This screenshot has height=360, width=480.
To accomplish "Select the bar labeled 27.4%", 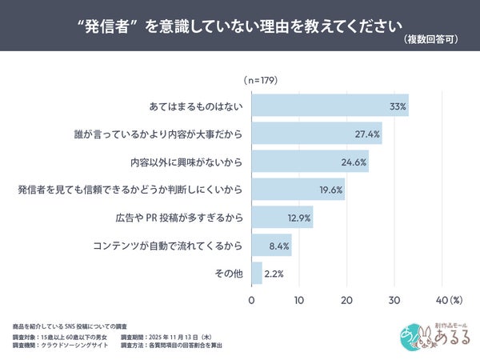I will click(x=317, y=134).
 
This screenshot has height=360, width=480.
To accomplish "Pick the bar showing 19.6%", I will click(x=298, y=190).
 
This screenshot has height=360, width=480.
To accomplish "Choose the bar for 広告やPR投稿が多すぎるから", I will click(x=282, y=218).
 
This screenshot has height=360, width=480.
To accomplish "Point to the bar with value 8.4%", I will click(x=272, y=246).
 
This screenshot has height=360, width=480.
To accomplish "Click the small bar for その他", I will click(x=257, y=274).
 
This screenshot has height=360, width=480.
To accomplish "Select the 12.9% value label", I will click(x=298, y=218).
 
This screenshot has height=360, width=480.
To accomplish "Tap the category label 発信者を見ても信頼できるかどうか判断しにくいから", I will click(x=130, y=190).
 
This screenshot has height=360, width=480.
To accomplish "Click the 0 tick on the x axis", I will click(x=252, y=300).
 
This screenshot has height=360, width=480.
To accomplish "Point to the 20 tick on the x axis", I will click(x=346, y=300).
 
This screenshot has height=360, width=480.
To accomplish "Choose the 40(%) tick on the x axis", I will click(x=447, y=300).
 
